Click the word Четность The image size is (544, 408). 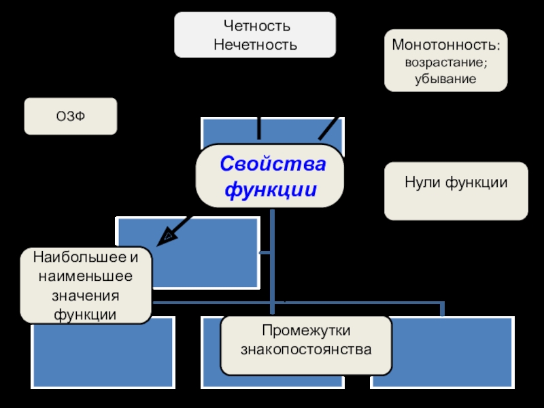(x=256, y=27)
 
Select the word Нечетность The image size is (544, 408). (x=256, y=46)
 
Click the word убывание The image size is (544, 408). (x=445, y=78)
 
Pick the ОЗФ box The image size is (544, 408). (x=71, y=117)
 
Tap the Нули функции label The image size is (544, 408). (x=456, y=182)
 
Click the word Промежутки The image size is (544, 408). (x=306, y=331)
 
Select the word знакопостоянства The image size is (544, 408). (x=306, y=350)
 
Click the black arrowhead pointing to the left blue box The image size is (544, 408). (x=166, y=237)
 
